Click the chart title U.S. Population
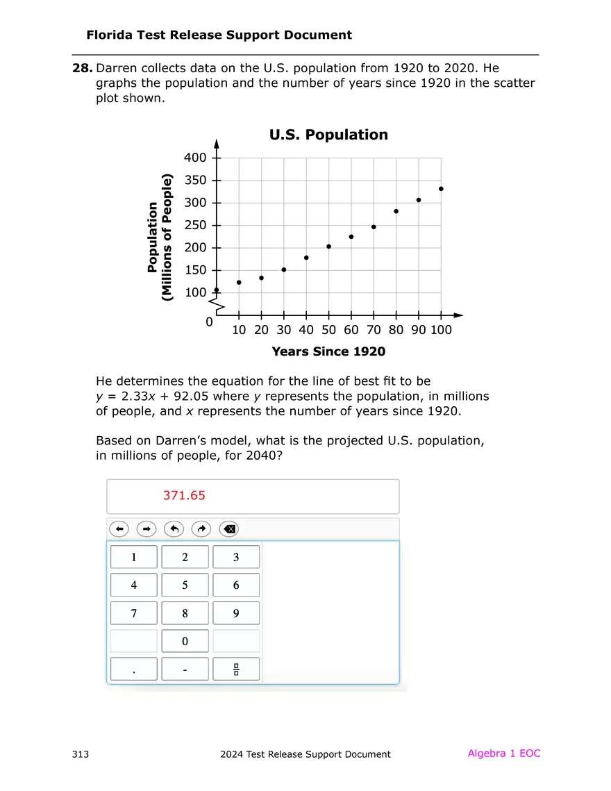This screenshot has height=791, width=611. [328, 135]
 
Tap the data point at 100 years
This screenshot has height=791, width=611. [441, 189]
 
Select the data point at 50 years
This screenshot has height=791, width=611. [328, 247]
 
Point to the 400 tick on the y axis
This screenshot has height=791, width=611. [217, 158]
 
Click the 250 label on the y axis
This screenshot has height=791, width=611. [195, 226]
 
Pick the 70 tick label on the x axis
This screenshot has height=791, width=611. [374, 330]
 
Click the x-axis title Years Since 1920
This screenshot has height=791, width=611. [328, 351]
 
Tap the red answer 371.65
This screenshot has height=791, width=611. [184, 496]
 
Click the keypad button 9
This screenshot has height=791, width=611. [236, 613]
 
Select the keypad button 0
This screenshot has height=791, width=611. [185, 642]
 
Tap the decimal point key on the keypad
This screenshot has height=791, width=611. [134, 669]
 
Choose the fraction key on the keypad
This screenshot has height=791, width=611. [236, 669]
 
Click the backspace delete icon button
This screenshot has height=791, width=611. [229, 530]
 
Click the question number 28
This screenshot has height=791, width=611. [82, 68]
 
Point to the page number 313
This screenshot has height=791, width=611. [80, 754]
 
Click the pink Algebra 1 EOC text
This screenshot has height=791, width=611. [503, 753]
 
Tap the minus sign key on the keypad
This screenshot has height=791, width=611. [185, 669]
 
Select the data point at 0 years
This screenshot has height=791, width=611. [217, 290]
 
